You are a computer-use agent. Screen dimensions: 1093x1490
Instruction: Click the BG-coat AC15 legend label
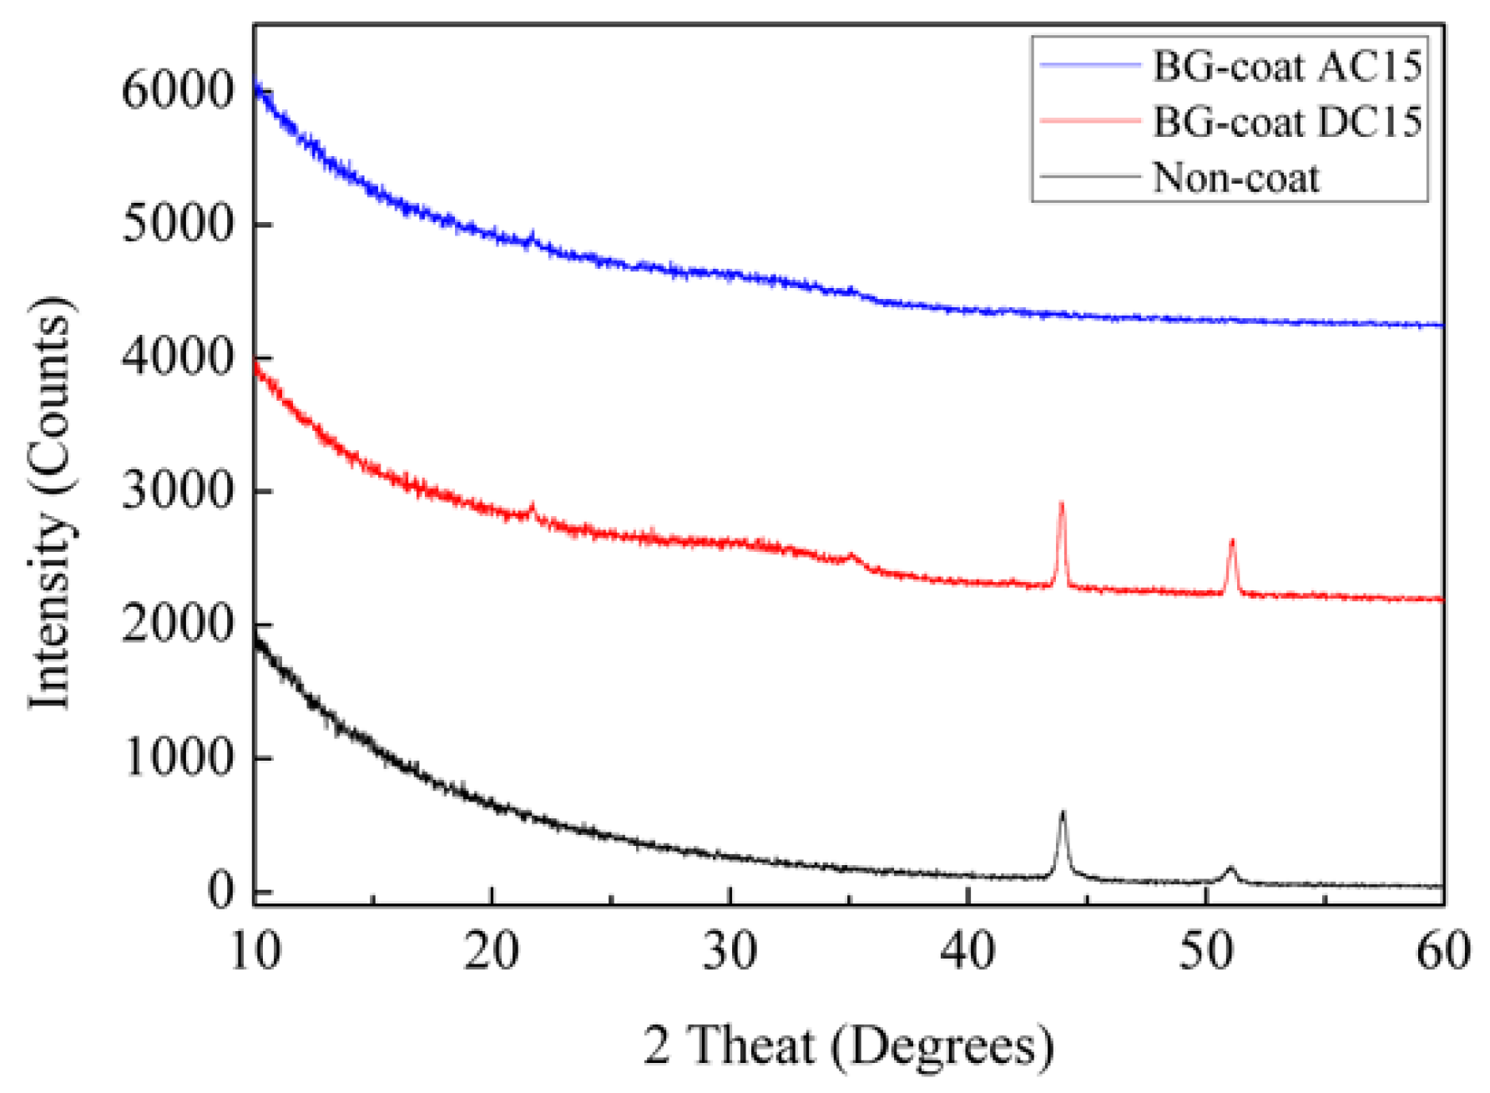click(1286, 66)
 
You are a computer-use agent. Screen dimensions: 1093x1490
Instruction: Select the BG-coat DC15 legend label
click(1286, 122)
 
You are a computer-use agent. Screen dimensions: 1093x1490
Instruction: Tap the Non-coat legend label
click(1235, 178)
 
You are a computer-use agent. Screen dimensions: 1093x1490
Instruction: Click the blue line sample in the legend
click(1090, 65)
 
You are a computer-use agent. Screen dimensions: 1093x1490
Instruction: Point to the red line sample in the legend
click(1090, 121)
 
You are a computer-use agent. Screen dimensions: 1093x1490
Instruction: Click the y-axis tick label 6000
click(178, 90)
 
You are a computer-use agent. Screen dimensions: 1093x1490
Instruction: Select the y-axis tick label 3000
click(178, 491)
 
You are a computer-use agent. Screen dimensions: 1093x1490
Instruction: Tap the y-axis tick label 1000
click(178, 758)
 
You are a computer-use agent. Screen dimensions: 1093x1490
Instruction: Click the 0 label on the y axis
click(221, 891)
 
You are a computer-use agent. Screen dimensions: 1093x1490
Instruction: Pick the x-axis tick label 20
click(492, 951)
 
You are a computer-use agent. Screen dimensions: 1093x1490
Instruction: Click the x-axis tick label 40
click(968, 951)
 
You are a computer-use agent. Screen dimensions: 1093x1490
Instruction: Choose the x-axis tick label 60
click(1443, 951)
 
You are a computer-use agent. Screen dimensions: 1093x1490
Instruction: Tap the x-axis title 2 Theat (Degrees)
click(848, 1045)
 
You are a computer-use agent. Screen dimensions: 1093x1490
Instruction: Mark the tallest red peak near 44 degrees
click(1062, 503)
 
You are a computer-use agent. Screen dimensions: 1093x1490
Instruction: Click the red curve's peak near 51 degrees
click(1232, 542)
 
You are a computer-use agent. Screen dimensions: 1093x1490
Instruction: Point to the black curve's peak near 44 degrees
click(1063, 812)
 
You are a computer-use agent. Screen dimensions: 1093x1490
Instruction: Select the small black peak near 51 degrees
click(1230, 869)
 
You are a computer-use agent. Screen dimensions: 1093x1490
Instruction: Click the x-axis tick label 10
click(255, 951)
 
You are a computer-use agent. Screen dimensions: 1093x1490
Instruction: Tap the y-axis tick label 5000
click(178, 224)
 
